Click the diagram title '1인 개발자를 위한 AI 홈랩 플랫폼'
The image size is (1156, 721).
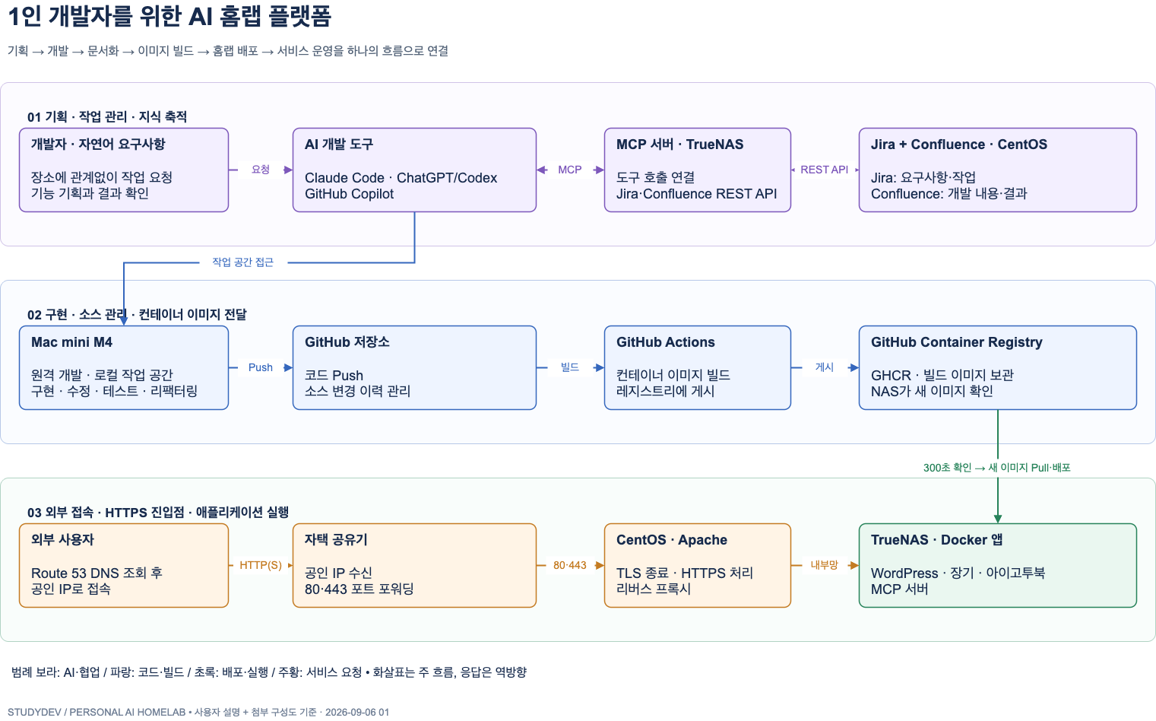[x=169, y=16]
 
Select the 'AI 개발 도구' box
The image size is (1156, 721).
[x=414, y=170]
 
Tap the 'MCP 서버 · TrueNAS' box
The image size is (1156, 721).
[x=697, y=170]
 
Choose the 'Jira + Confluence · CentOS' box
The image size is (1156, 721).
[x=998, y=170]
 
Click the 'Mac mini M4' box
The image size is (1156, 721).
[x=124, y=368]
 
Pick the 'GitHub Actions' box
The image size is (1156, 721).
[x=697, y=368]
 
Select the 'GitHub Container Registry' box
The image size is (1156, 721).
[x=998, y=368]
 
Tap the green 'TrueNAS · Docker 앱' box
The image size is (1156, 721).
[x=998, y=566]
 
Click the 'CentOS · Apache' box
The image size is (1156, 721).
[x=697, y=566]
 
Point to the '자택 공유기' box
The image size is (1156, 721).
[x=414, y=566]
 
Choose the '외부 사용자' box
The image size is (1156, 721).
[x=124, y=566]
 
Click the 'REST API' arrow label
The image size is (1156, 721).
[x=824, y=170]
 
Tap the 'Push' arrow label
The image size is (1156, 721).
[x=260, y=367]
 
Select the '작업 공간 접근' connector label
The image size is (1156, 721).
[x=242, y=262]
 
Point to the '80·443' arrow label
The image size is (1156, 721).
[x=570, y=565]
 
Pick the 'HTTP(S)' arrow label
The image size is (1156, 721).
[x=261, y=565]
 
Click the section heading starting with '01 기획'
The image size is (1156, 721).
[x=107, y=116]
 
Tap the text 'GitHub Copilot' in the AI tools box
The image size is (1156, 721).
[x=349, y=194]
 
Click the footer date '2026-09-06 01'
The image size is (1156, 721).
[x=357, y=712]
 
